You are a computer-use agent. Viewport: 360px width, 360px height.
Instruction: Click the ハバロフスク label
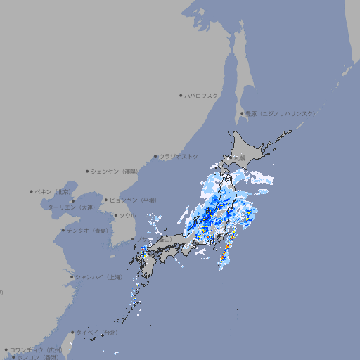click(x=202, y=95)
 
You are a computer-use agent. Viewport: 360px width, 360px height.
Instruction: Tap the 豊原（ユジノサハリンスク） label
click(x=281, y=113)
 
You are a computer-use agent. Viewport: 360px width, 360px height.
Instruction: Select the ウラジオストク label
click(x=179, y=156)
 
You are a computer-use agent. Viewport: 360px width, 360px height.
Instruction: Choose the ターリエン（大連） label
click(x=71, y=207)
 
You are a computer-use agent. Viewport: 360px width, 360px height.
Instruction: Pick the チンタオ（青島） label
click(x=87, y=230)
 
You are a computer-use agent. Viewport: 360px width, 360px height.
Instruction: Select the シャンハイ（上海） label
click(x=98, y=277)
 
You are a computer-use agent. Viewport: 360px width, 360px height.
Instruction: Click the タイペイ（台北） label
click(x=97, y=333)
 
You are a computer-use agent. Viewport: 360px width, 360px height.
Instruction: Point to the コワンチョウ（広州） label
click(x=35, y=349)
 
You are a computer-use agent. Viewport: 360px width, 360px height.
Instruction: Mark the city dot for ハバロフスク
click(x=181, y=95)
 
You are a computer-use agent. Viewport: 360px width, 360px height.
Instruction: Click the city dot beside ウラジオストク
click(x=155, y=156)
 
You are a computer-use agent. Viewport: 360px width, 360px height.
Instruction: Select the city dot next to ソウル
click(x=115, y=215)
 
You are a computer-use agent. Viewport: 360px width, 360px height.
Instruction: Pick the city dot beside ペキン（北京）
click(x=32, y=191)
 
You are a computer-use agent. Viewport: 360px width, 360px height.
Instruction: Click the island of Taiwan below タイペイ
click(x=70, y=343)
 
